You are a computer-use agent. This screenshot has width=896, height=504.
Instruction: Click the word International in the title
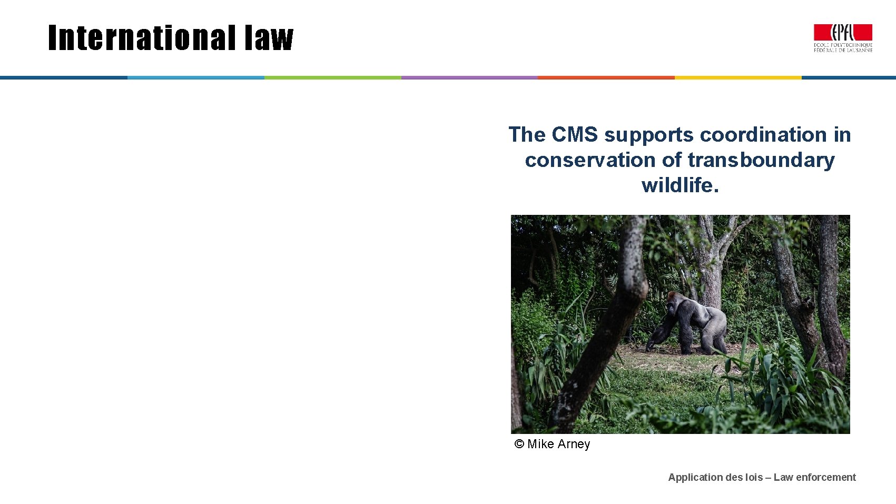pyautogui.click(x=141, y=38)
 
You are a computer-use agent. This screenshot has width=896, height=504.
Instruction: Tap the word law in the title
pyautogui.click(x=269, y=38)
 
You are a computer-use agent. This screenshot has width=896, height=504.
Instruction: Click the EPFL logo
pyautogui.click(x=843, y=38)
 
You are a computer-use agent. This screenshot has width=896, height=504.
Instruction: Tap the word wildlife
pyautogui.click(x=680, y=185)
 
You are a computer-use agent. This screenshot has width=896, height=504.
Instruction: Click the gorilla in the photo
pyautogui.click(x=690, y=324)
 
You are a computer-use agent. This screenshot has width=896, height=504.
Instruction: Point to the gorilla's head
pyautogui.click(x=674, y=302)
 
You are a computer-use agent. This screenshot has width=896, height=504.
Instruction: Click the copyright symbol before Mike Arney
pyautogui.click(x=519, y=444)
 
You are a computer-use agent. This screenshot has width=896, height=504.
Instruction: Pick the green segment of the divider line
pyautogui.click(x=332, y=77)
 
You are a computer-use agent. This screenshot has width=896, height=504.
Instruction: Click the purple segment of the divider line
pyautogui.click(x=469, y=77)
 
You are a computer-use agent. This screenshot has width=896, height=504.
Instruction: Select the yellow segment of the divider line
pyautogui.click(x=738, y=77)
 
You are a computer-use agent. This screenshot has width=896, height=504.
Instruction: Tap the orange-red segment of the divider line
pyautogui.click(x=606, y=77)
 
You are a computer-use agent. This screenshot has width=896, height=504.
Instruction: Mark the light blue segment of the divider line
pyautogui.click(x=195, y=77)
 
